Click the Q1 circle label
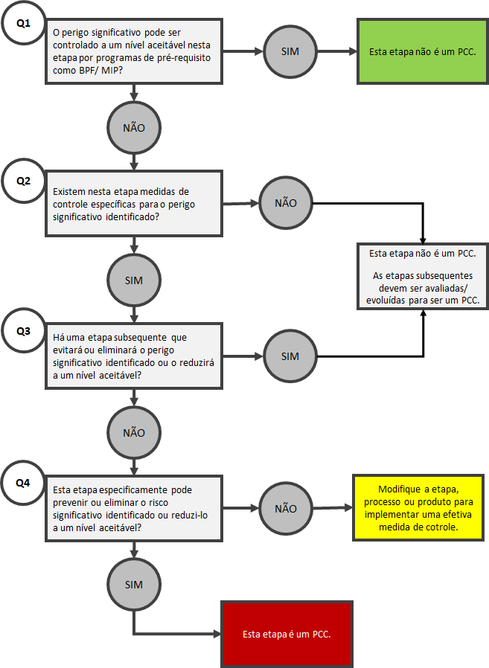click(23, 23)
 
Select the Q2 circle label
click(23, 181)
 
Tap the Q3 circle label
click(23, 331)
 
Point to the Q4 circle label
click(23, 483)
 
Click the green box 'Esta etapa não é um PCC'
click(423, 51)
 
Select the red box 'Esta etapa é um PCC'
click(287, 634)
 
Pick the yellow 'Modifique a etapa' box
click(418, 508)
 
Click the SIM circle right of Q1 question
click(290, 51)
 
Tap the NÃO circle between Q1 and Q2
click(134, 128)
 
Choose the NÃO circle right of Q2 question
click(286, 203)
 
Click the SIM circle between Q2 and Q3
click(134, 280)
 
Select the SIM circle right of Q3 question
click(290, 356)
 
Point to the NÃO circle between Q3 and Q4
click(134, 433)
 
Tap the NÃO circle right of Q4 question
click(286, 509)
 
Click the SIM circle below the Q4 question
click(134, 585)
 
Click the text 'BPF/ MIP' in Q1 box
click(100, 70)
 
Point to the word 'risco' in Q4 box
click(159, 503)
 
